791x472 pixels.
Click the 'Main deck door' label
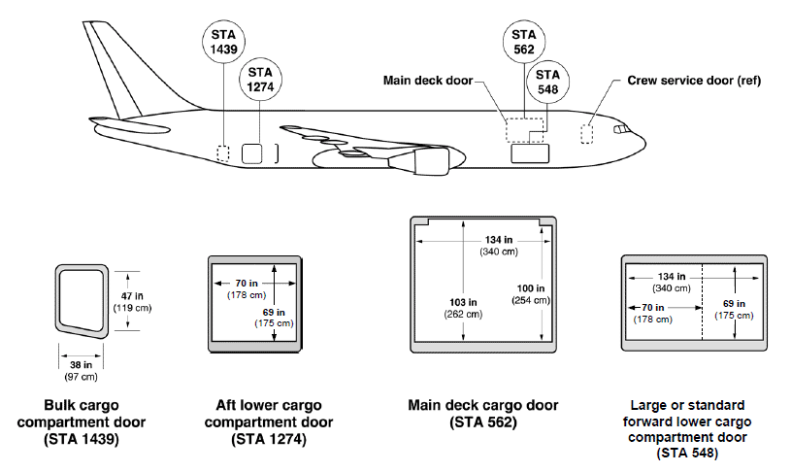click(x=427, y=81)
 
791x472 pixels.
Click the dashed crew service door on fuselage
click(x=586, y=134)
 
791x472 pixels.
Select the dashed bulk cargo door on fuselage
click(x=223, y=153)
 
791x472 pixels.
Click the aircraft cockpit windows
click(x=619, y=128)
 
